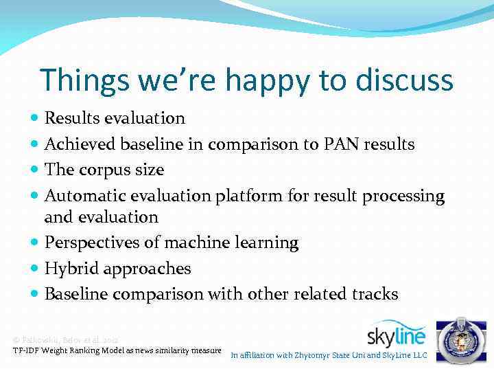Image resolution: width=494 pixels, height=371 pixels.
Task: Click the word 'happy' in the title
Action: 258,81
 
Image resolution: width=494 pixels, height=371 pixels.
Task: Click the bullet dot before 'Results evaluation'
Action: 35,118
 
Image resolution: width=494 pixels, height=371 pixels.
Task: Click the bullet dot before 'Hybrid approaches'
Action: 35,269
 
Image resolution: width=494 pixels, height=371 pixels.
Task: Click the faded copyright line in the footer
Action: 66,340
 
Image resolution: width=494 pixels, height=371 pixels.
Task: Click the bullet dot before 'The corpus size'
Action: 35,170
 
